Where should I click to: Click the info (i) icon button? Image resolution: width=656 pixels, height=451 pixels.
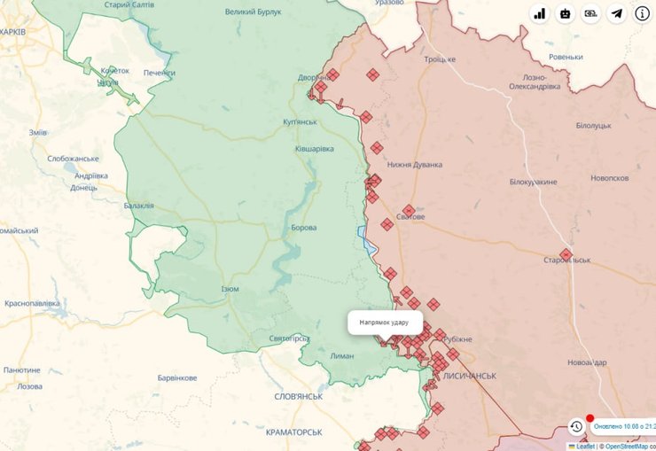[641, 13]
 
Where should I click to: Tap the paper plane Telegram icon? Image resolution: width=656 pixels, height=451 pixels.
[615, 13]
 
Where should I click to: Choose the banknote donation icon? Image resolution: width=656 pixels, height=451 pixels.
[590, 13]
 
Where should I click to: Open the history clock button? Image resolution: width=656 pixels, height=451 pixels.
[575, 426]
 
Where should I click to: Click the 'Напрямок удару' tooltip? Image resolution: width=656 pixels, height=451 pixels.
[385, 322]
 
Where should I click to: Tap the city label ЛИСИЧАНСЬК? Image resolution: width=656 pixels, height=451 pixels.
[469, 376]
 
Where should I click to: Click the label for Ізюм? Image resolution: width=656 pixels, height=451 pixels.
[230, 290]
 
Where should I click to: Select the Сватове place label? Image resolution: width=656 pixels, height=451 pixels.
[410, 217]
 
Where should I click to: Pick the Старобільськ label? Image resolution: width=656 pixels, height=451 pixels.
[567, 260]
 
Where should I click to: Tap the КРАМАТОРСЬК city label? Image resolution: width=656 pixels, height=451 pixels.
[293, 432]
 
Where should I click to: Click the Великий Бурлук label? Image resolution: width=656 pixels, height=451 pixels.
[253, 12]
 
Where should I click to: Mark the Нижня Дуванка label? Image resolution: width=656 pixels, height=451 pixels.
[414, 164]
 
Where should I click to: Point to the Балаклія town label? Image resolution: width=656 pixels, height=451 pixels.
[138, 206]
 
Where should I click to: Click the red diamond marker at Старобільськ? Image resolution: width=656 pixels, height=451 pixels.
[566, 254]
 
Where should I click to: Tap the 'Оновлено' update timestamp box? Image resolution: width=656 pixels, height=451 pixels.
[624, 426]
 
